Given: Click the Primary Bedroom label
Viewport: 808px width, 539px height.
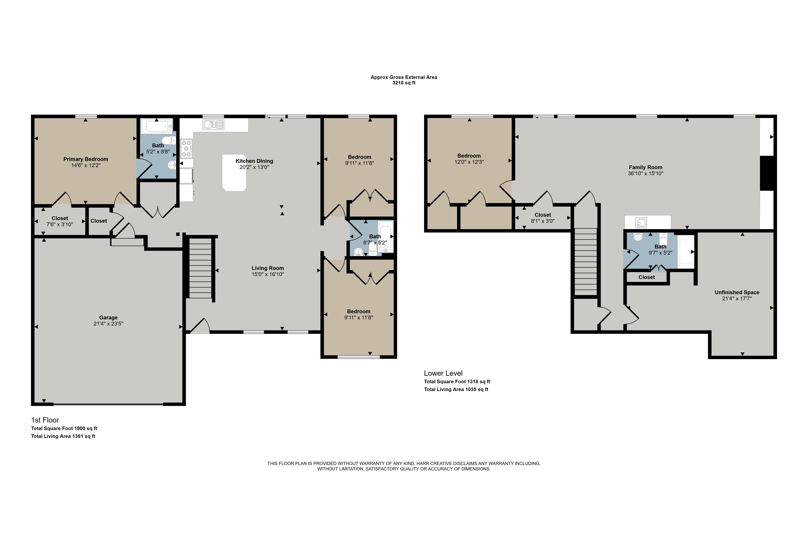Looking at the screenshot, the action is point(86,159).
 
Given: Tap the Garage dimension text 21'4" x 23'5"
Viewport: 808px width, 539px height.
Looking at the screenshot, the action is point(108,324).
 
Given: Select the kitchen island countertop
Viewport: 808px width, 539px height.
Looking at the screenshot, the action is point(234,173).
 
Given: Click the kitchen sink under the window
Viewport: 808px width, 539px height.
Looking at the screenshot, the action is point(213,124).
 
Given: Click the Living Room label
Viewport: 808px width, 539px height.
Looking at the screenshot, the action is point(268,268).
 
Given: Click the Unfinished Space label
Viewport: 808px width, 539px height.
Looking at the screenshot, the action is point(737,293).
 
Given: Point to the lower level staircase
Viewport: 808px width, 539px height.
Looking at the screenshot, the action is point(586,262).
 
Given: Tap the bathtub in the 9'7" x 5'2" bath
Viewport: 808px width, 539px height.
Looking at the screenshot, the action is point(685,252).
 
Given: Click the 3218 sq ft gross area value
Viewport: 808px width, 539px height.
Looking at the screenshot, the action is point(404,83).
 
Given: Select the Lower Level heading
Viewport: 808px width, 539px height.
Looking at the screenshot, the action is point(443,373).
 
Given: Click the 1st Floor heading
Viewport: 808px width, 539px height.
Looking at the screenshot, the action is point(45,420).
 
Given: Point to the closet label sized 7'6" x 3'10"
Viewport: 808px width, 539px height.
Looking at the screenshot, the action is point(60,221).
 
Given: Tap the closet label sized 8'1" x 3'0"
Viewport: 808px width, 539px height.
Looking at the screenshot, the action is point(543,218).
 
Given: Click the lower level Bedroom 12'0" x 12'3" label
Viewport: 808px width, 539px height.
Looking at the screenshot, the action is point(469,159).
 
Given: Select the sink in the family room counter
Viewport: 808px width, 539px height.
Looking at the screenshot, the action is point(641,223).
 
